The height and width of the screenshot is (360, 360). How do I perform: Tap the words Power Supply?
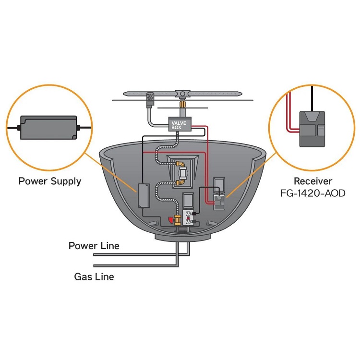click(49, 181)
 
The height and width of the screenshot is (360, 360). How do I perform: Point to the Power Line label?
click(94, 246)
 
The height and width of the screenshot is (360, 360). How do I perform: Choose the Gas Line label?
click(94, 276)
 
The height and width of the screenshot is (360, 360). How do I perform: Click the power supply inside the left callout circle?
click(48, 127)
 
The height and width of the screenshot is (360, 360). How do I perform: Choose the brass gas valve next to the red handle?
click(178, 220)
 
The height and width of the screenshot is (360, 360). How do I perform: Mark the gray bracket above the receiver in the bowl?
click(219, 182)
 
